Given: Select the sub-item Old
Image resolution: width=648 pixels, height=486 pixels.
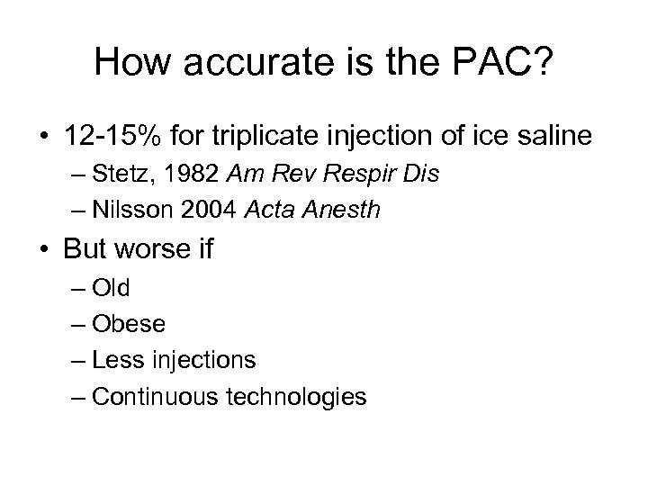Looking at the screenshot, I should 111,288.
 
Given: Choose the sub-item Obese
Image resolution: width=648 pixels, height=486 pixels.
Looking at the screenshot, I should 122,323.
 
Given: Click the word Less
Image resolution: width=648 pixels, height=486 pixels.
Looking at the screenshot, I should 115,360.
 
